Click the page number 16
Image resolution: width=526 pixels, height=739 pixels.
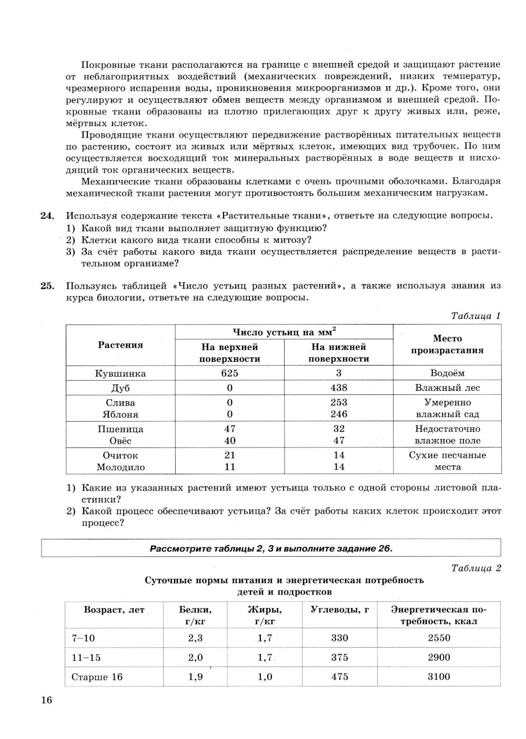tap(46, 701)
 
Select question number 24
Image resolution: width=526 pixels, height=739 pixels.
tap(47, 215)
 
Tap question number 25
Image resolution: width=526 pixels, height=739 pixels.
tap(47, 286)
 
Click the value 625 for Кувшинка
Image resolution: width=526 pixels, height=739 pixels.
tap(229, 373)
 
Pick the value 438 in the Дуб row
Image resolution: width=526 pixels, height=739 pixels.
tap(339, 388)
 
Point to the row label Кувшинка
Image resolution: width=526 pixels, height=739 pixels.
tap(120, 373)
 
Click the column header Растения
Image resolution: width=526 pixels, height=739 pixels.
tap(120, 345)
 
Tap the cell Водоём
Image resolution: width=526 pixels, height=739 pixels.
tap(447, 373)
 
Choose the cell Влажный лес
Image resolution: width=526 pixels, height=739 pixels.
tap(447, 388)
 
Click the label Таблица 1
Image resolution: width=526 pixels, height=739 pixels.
tap(476, 316)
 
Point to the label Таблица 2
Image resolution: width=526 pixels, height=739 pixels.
tap(476, 568)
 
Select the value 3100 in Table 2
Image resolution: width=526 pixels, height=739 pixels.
tap(439, 676)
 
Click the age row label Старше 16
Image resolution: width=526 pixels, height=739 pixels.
tap(97, 676)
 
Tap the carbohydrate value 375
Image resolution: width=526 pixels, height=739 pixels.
tap(340, 657)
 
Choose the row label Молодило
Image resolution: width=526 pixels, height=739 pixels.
tap(120, 467)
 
